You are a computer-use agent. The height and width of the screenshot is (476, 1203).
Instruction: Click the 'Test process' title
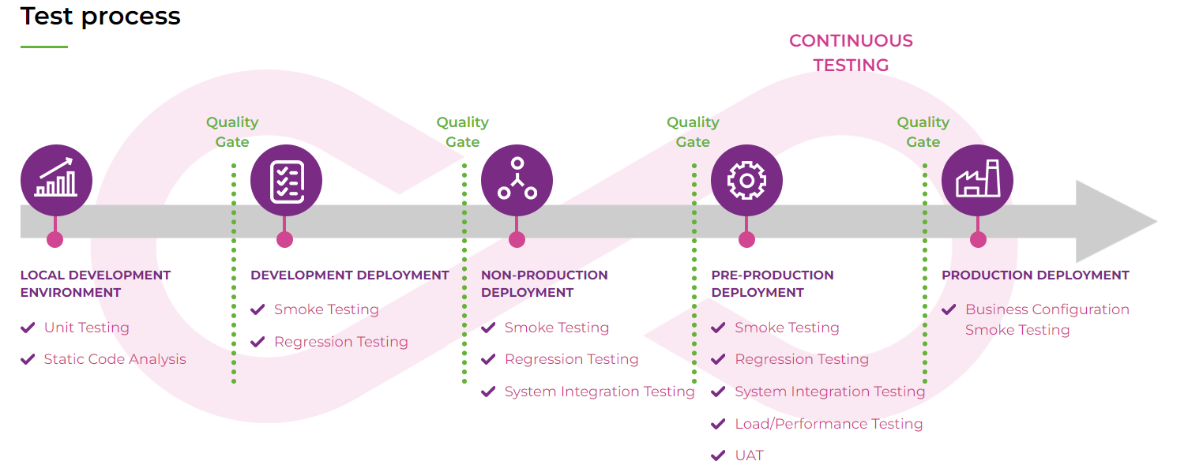[x=100, y=17]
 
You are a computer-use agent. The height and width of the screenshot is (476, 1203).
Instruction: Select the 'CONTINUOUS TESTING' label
[x=851, y=53]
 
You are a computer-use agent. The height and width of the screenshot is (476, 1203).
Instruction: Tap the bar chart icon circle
[x=56, y=180]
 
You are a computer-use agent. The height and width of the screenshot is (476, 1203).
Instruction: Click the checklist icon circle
[x=286, y=180]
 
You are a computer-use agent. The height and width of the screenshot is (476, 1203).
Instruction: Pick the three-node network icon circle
[x=517, y=180]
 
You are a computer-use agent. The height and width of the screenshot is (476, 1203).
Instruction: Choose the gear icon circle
[x=746, y=180]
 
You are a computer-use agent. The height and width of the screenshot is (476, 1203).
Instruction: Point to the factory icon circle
[x=977, y=180]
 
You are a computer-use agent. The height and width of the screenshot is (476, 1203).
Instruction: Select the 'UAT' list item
[x=749, y=455]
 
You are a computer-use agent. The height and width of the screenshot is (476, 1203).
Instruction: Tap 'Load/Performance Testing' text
[x=829, y=424]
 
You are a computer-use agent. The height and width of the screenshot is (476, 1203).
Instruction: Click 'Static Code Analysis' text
[x=115, y=359]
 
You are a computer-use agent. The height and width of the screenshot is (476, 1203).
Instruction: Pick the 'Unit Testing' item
[x=86, y=328]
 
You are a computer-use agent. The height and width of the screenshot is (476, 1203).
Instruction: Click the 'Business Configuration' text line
[x=1047, y=309]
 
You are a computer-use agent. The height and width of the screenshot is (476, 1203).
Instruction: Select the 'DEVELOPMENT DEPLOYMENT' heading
[x=350, y=275]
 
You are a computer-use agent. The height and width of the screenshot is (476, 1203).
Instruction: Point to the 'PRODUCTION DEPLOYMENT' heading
[x=1036, y=275]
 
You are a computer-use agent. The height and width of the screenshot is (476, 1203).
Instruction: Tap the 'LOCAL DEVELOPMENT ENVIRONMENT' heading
[x=96, y=284]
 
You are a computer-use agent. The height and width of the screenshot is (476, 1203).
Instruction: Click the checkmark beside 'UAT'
[x=718, y=455]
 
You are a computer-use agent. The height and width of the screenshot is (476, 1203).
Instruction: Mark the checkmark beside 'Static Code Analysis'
[x=28, y=359]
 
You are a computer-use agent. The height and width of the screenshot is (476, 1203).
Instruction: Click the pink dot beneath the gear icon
[x=746, y=239]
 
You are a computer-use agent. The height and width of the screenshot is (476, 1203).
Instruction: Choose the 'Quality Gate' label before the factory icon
[x=923, y=132]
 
